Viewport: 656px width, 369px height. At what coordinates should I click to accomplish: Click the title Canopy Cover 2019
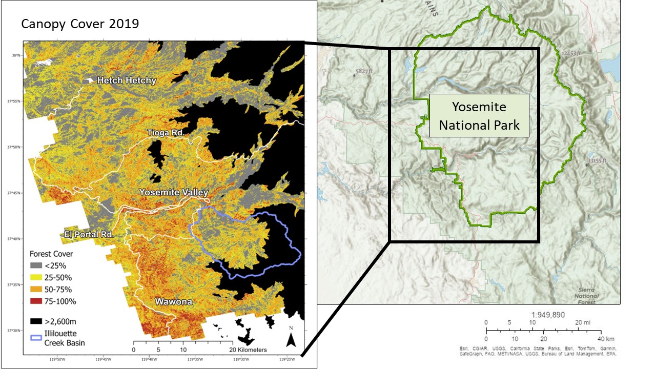(80, 24)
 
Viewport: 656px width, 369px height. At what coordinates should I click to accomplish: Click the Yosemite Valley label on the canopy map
(174, 193)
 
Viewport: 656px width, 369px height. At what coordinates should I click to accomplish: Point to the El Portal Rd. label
(89, 234)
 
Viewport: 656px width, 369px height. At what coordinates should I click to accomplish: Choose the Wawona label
(174, 302)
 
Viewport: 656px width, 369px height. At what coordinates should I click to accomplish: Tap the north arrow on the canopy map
(291, 338)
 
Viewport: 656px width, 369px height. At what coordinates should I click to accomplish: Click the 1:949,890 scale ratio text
(544, 315)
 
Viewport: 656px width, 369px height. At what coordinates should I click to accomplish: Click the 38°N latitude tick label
(16, 55)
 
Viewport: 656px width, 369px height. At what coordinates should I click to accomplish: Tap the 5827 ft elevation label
(364, 71)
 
